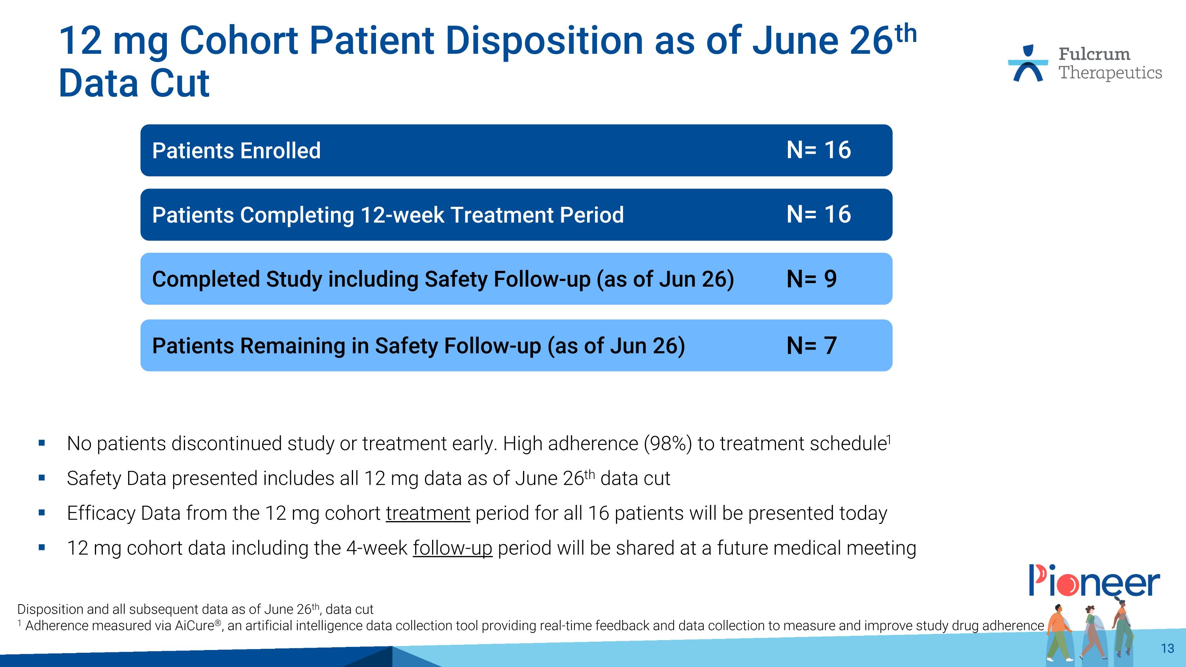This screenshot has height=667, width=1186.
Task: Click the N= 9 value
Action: pyautogui.click(x=811, y=279)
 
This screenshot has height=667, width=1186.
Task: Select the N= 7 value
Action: pyautogui.click(x=811, y=346)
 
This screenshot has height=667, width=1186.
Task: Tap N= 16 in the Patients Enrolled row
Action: pyautogui.click(x=819, y=150)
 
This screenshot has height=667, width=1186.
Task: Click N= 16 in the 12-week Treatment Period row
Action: pyautogui.click(x=819, y=215)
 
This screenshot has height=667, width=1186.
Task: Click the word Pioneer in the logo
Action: pyautogui.click(x=1094, y=582)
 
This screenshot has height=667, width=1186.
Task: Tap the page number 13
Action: pyautogui.click(x=1167, y=648)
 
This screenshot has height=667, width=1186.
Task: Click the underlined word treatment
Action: pyautogui.click(x=428, y=513)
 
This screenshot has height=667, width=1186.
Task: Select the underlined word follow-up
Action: pyautogui.click(x=452, y=548)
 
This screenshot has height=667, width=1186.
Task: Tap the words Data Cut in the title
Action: pyautogui.click(x=134, y=84)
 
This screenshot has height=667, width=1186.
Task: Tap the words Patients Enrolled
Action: pyautogui.click(x=236, y=151)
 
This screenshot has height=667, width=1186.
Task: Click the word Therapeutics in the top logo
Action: pyautogui.click(x=1110, y=73)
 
